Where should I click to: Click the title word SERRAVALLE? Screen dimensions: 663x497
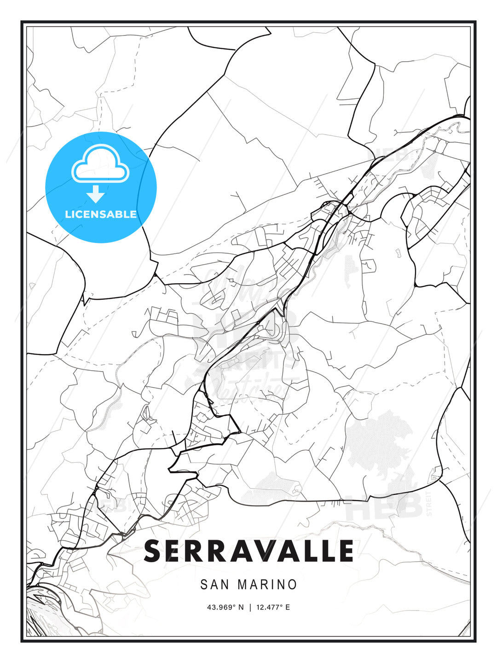tap(248, 551)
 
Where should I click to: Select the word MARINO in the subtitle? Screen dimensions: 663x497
tap(267, 585)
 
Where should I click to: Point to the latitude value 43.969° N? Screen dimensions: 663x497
tap(225, 607)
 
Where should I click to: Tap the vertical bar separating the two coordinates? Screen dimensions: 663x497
tap(250, 607)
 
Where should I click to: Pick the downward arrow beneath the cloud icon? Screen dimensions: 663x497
tap(96, 194)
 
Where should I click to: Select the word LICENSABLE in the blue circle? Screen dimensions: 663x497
tap(101, 214)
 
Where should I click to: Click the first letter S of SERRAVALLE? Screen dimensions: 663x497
tap(154, 551)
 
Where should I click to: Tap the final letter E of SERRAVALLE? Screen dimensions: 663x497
tap(345, 551)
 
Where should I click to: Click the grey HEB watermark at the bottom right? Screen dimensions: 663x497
tap(384, 506)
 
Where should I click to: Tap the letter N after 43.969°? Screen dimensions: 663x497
tap(240, 607)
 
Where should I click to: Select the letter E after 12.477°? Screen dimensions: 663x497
tap(288, 607)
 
